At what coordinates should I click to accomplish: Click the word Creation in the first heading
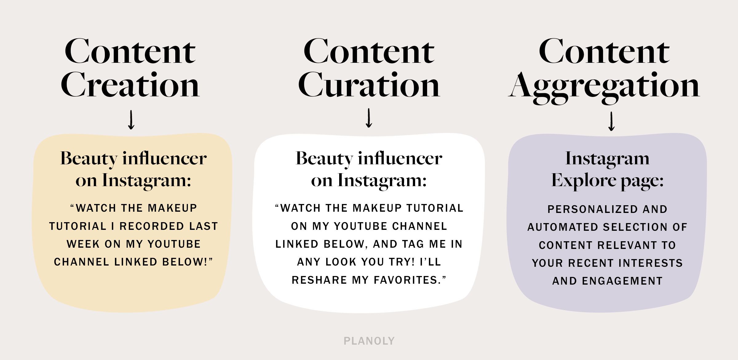pos(130,85)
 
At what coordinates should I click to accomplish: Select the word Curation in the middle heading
pos(369,85)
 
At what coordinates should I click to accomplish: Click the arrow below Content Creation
pos(131,120)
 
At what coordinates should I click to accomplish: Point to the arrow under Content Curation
pos(369,118)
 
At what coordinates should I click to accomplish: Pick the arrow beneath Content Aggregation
pos(612,121)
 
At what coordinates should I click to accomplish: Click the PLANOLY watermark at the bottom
pos(369,341)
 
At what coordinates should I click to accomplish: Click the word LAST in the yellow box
pos(204,226)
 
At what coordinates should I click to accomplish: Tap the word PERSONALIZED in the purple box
pos(589,210)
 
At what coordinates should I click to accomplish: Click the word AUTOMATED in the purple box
pos(563,227)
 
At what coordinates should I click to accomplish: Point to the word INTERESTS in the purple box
pos(651,263)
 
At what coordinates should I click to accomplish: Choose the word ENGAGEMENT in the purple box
pos(622,281)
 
